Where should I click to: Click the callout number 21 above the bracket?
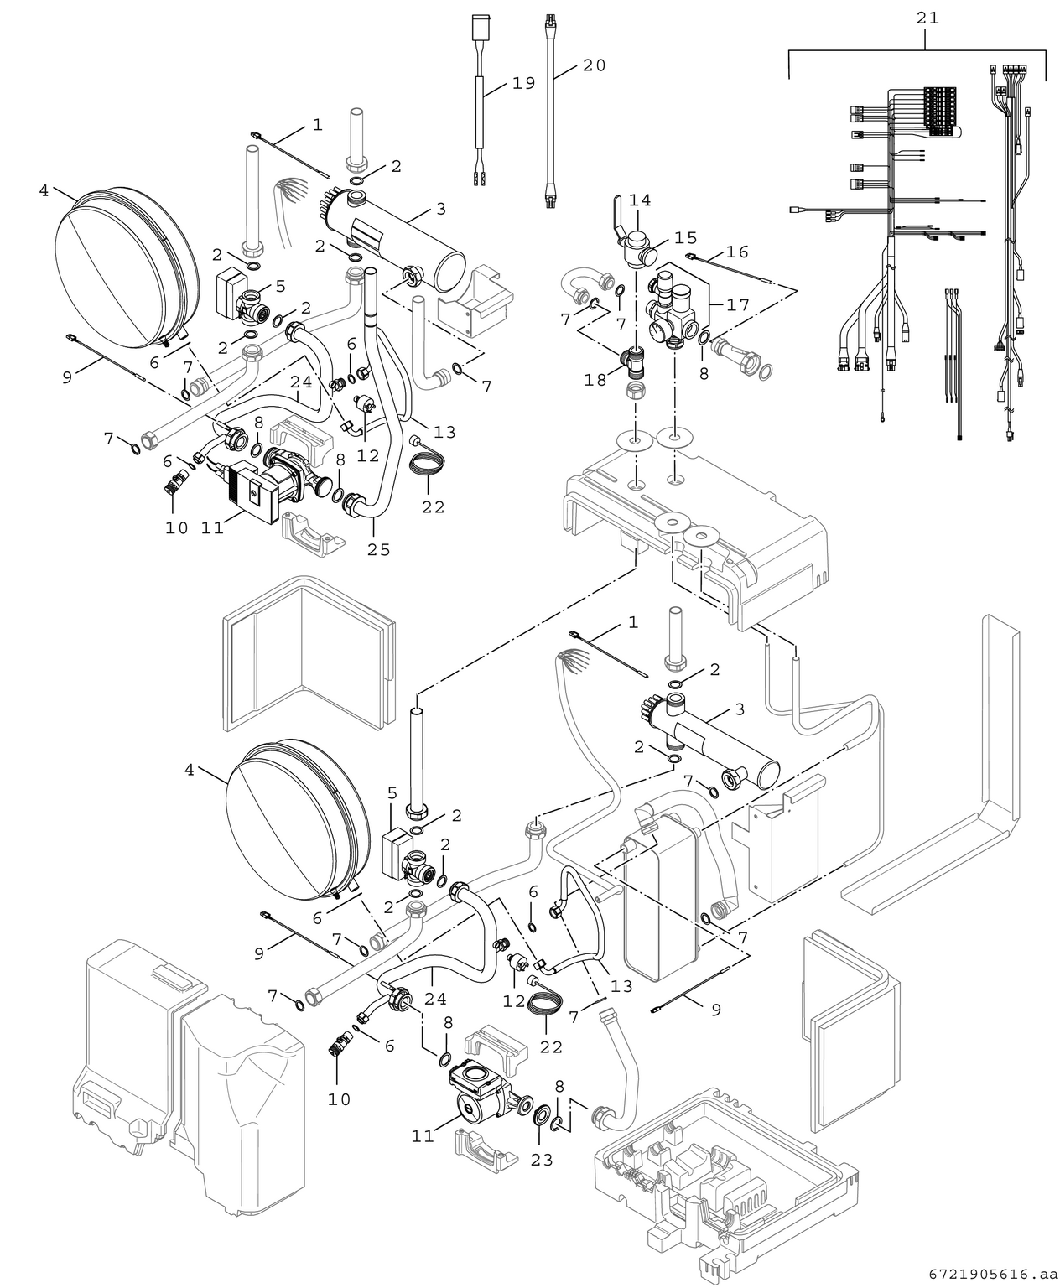point(927,17)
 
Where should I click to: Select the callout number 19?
point(523,84)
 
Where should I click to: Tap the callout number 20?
point(594,65)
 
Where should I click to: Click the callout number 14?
point(640,200)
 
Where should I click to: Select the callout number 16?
point(737,252)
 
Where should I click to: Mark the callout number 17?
point(738,305)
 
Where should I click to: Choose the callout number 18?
point(595,381)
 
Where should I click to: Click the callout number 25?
point(378,550)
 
